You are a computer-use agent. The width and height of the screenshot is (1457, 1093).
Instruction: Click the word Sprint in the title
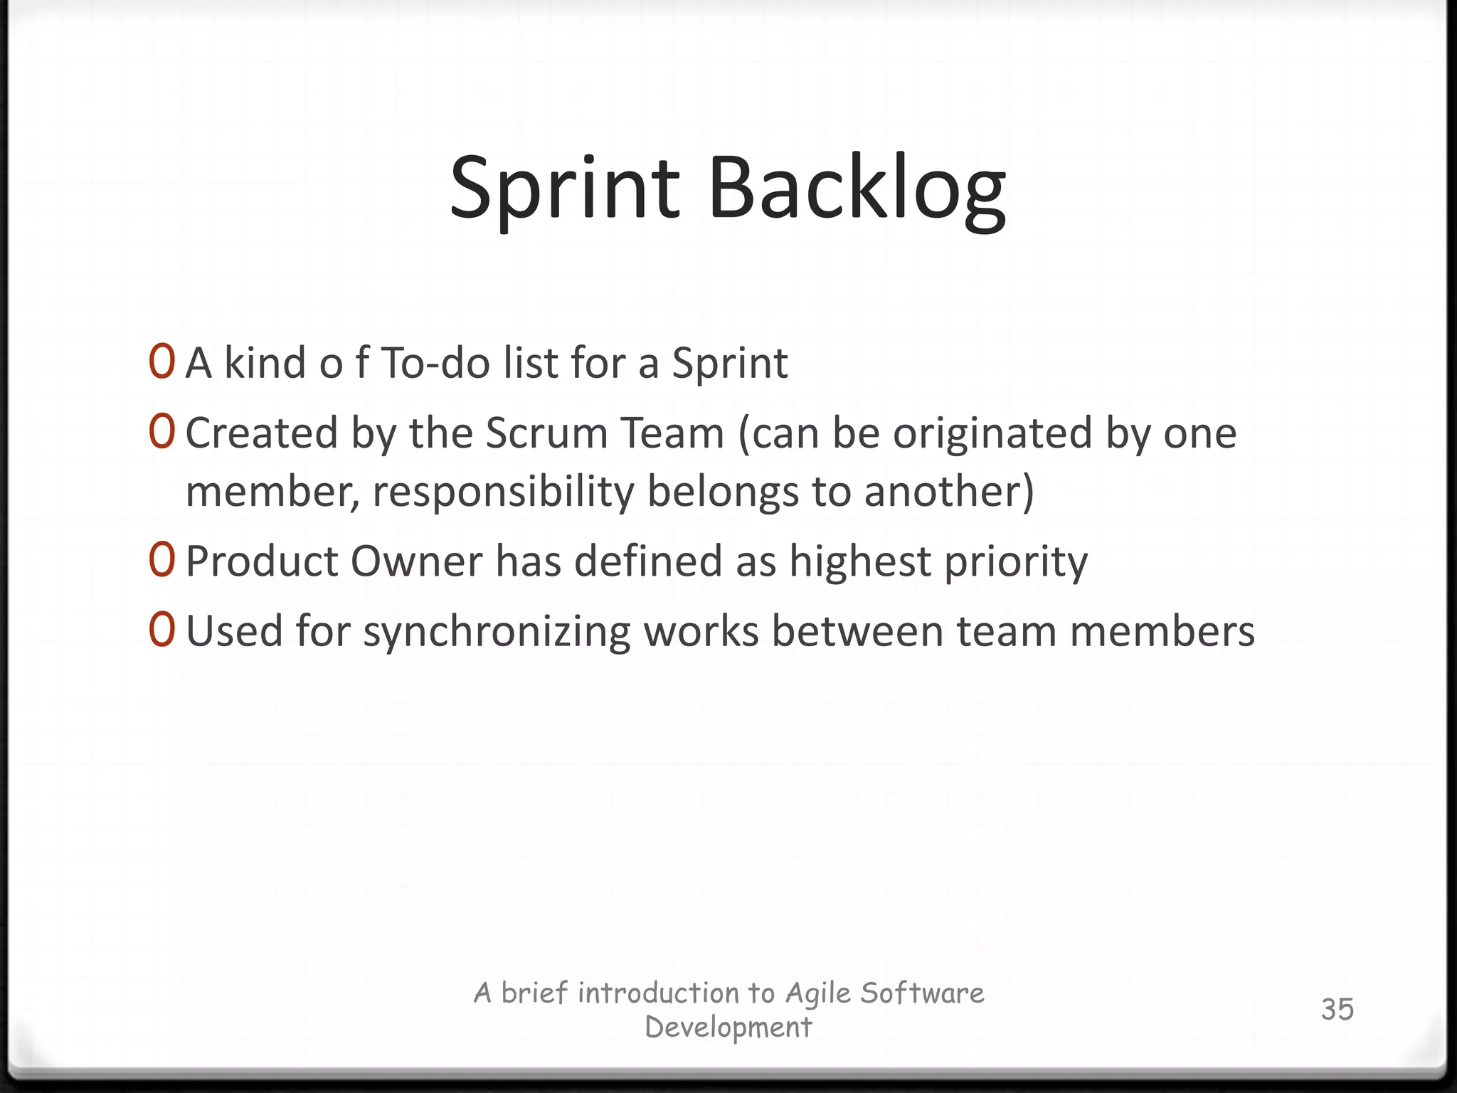coord(565,189)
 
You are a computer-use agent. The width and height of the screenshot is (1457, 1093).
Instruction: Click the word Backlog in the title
coord(857,189)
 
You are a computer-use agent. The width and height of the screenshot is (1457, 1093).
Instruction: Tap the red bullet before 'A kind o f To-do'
coord(161,362)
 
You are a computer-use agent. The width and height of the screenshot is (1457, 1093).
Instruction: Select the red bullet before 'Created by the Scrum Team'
coord(161,432)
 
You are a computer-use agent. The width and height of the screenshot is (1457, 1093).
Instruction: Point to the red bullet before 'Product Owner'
coord(161,560)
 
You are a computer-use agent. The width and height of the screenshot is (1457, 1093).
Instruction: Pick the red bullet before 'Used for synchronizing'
coord(161,630)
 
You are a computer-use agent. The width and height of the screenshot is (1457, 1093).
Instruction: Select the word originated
coord(992,434)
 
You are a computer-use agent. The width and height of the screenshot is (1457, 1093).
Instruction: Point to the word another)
coord(949,491)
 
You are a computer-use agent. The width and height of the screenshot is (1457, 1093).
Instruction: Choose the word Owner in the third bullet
coord(417,561)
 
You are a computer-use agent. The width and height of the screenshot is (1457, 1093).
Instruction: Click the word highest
coord(859,561)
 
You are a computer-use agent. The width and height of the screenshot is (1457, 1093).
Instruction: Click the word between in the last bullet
coord(857,631)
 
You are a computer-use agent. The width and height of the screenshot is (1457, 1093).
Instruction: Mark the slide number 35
coord(1337,1009)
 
